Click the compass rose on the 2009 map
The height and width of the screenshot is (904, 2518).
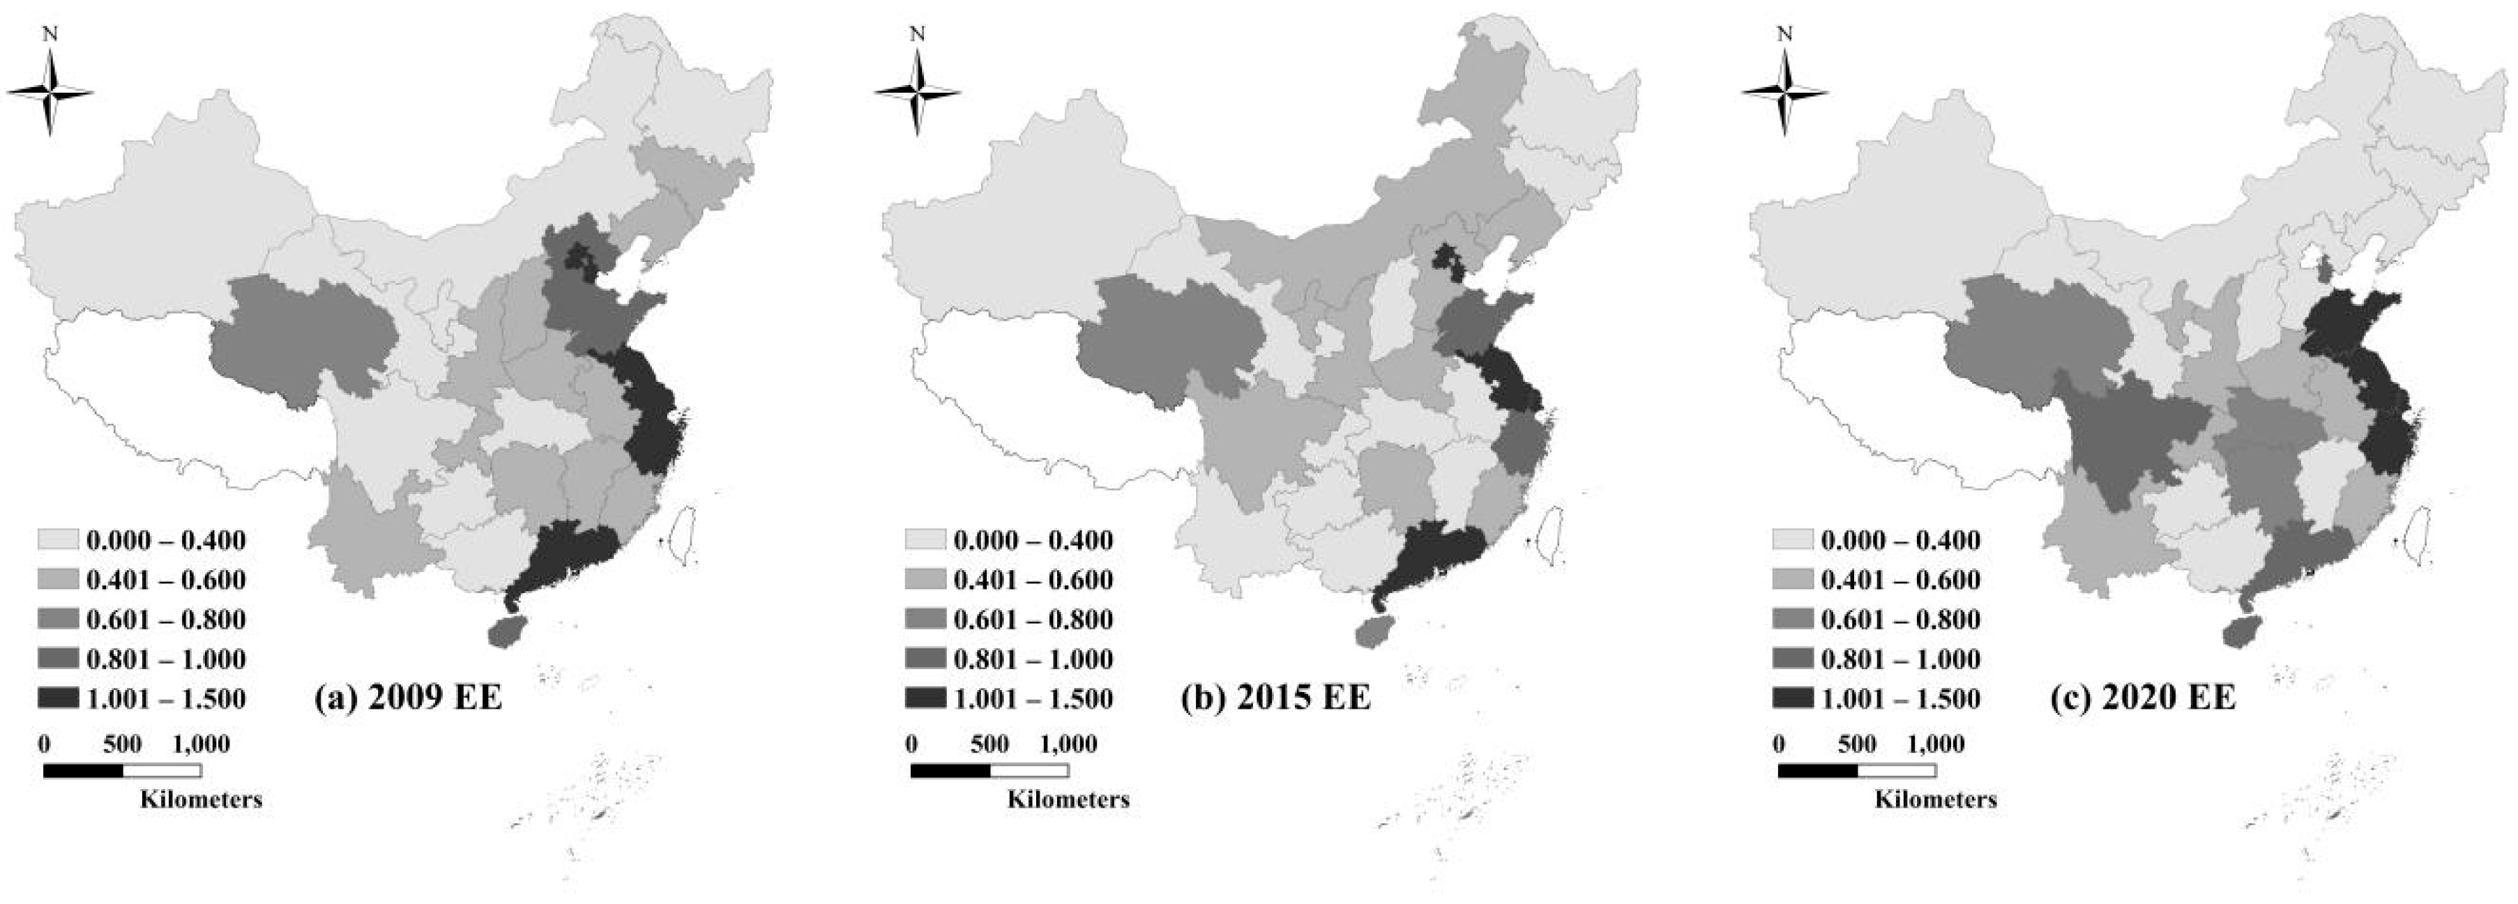(x=50, y=93)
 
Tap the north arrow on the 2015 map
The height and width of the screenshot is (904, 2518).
(x=917, y=93)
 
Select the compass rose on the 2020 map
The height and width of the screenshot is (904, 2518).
(x=1785, y=93)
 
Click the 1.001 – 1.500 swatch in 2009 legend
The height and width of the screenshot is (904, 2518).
(x=58, y=698)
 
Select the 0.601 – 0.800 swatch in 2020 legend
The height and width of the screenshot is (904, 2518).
(x=1793, y=619)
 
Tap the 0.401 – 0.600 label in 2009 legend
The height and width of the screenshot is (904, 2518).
(x=166, y=579)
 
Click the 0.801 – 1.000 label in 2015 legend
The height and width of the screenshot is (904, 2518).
(x=1033, y=659)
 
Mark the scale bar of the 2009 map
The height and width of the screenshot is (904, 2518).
(x=122, y=770)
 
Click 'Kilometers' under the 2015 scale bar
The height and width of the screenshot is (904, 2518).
(x=1068, y=799)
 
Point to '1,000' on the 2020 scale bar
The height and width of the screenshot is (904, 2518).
(x=1936, y=744)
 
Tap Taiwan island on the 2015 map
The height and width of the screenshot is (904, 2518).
(x=1547, y=535)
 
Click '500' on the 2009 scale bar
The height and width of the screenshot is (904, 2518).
(x=122, y=744)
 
